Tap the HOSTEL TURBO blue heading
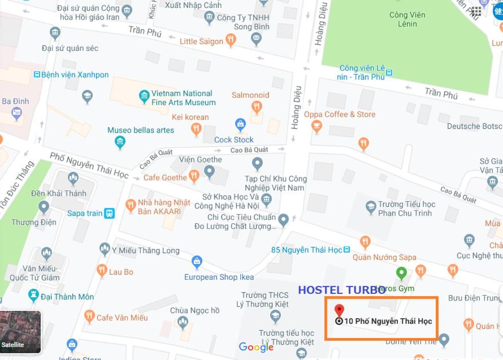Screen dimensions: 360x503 click(342, 290)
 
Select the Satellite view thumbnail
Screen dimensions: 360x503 click(20, 332)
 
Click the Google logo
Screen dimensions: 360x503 click(256, 347)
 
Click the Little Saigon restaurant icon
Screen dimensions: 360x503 click(231, 40)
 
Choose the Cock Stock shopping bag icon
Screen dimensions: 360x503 click(240, 124)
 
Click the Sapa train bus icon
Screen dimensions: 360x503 click(109, 213)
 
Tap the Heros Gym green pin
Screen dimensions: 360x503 click(401, 274)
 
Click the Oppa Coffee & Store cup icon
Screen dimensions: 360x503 click(316, 127)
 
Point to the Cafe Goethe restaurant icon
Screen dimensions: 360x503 click(194, 177)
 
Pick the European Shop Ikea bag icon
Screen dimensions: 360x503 click(197, 262)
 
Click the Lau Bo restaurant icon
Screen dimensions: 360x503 click(102, 271)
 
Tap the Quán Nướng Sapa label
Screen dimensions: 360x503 click(384, 257)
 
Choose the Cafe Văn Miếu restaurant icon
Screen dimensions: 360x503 click(88, 318)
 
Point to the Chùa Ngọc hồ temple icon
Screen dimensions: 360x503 click(183, 323)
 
